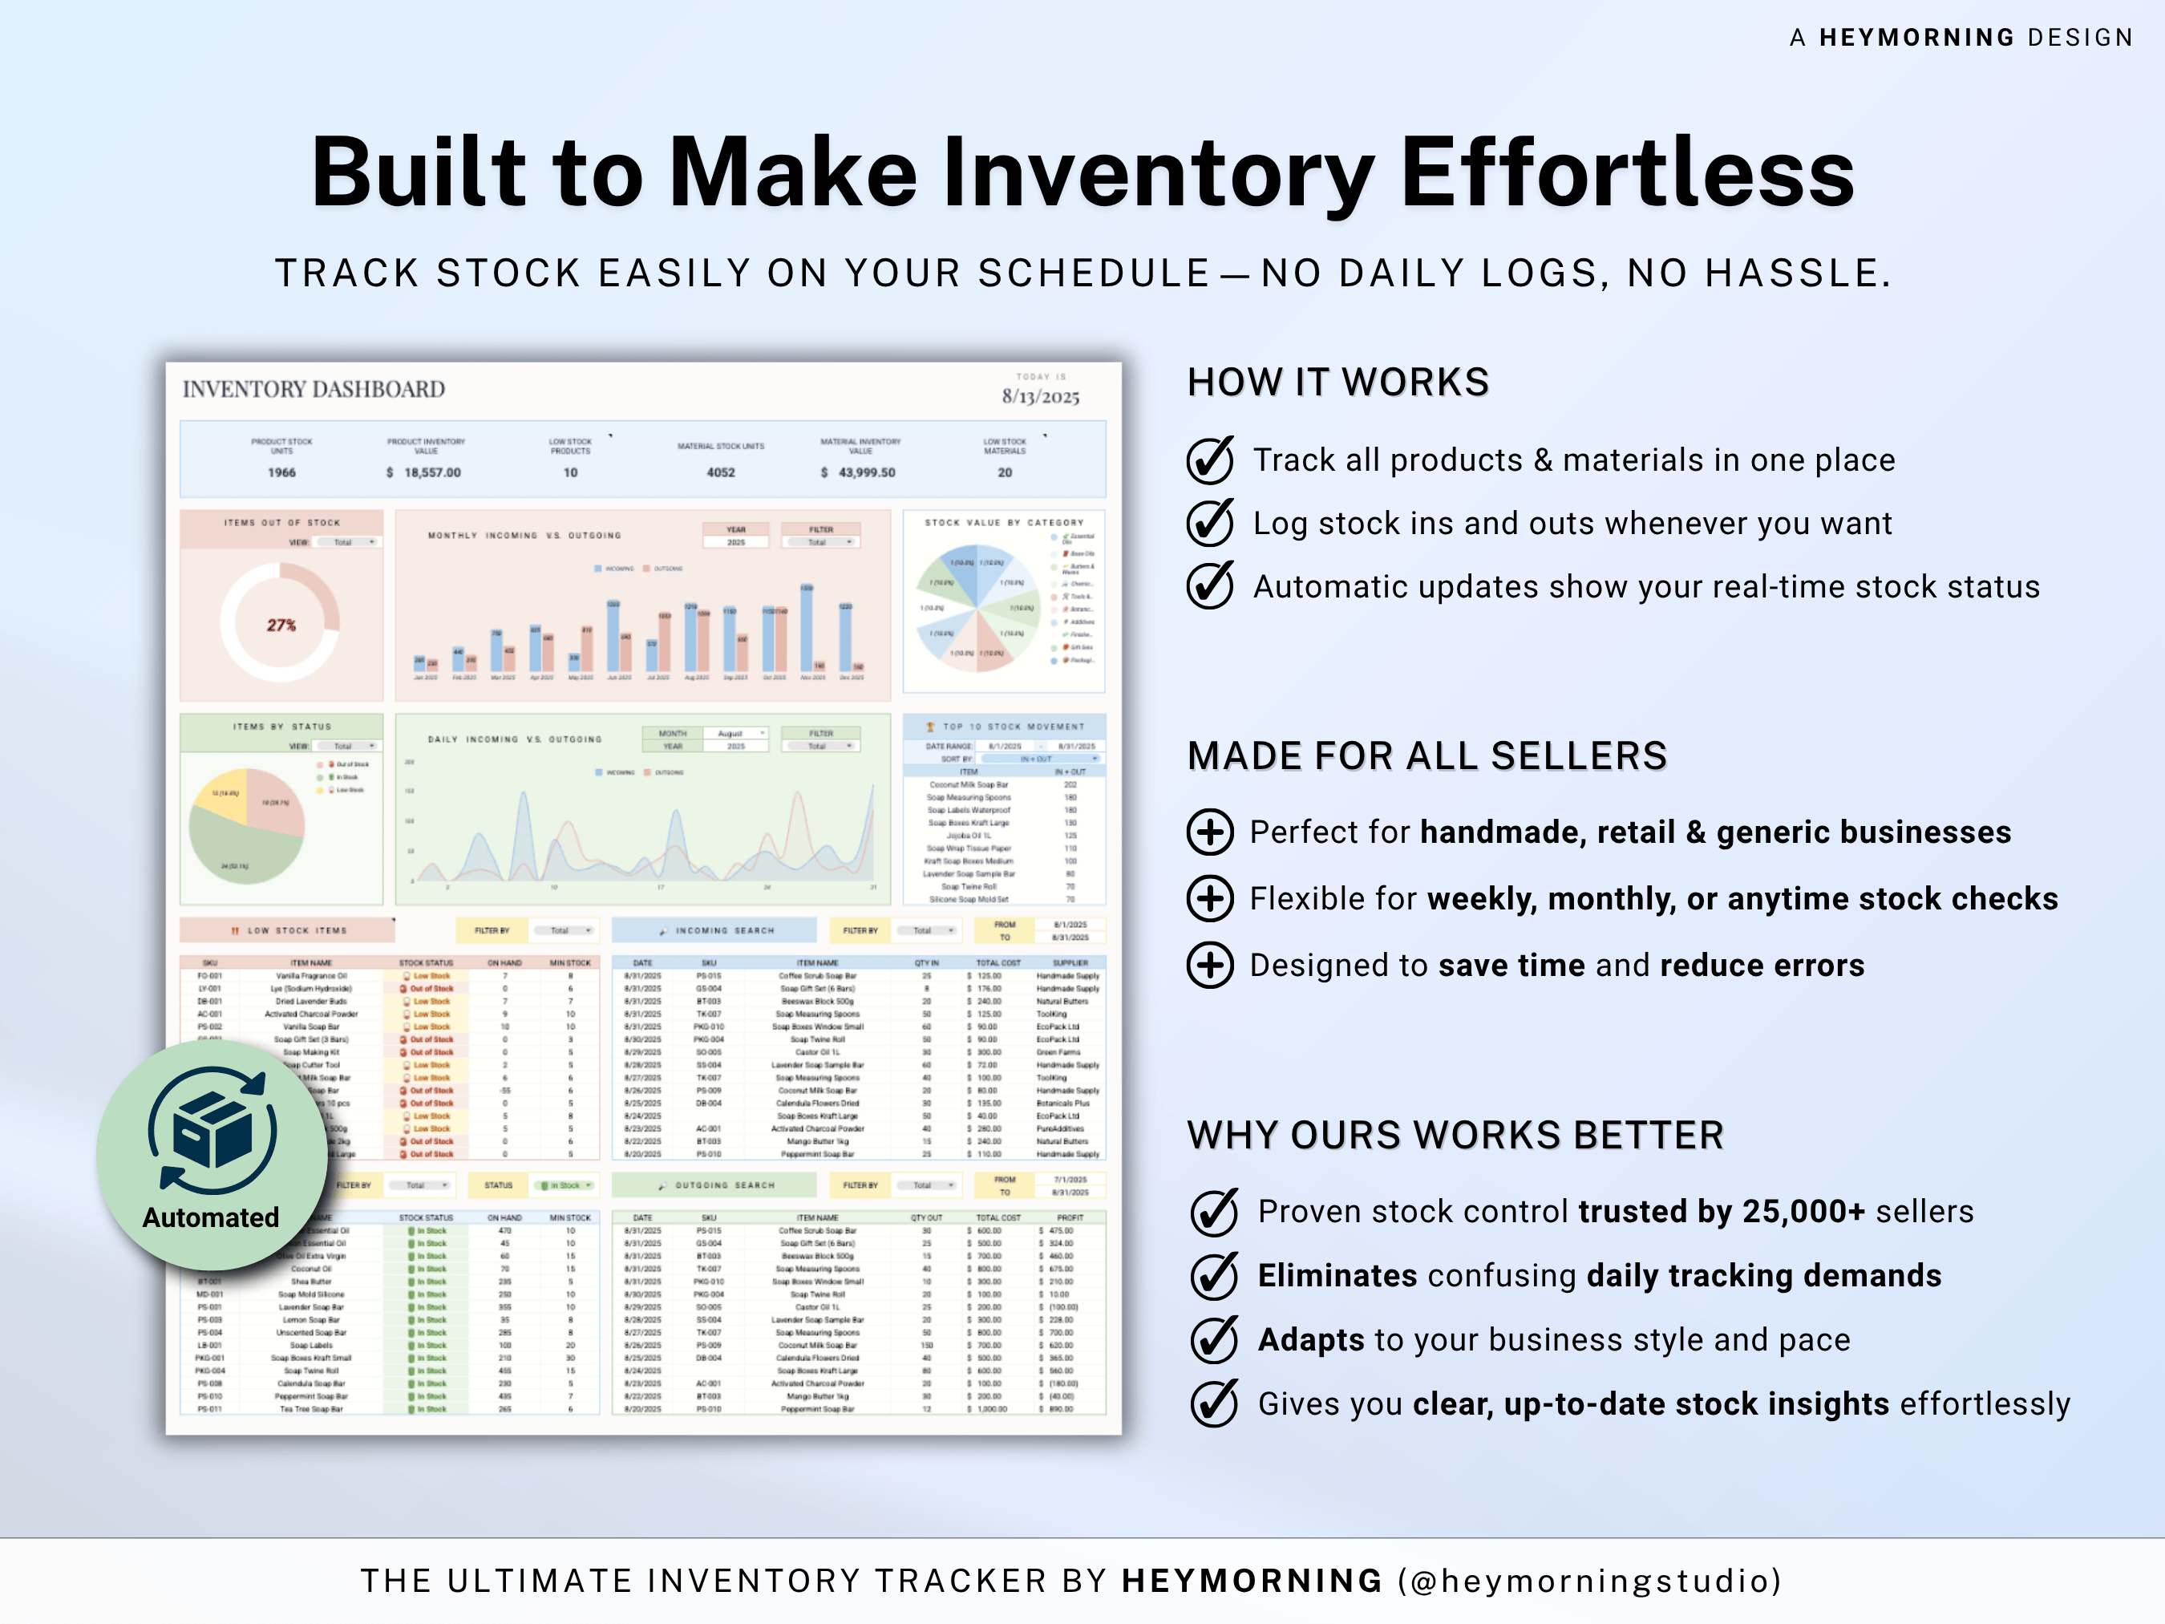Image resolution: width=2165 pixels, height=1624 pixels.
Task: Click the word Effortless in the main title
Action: pyautogui.click(x=1627, y=172)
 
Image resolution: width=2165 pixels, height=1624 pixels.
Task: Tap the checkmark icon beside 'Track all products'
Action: pyautogui.click(x=1211, y=460)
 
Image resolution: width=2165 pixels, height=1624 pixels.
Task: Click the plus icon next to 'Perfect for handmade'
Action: pyautogui.click(x=1211, y=832)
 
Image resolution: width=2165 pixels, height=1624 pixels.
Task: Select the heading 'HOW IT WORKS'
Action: pyautogui.click(x=1338, y=382)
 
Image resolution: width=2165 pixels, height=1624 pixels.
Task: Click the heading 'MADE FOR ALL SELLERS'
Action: pyautogui.click(x=1427, y=755)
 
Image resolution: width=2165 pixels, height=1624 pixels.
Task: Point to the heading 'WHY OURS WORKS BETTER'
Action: pyautogui.click(x=1455, y=1136)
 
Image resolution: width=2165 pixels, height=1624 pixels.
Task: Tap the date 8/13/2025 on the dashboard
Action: pyautogui.click(x=1041, y=396)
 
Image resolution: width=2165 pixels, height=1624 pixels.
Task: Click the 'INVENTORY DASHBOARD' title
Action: pyautogui.click(x=314, y=390)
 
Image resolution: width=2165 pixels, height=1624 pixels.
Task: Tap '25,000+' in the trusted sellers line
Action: pyautogui.click(x=1804, y=1212)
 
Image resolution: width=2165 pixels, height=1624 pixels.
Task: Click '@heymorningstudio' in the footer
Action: pyautogui.click(x=1590, y=1581)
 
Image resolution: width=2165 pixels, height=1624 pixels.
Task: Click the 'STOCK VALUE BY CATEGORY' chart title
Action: pyautogui.click(x=1004, y=523)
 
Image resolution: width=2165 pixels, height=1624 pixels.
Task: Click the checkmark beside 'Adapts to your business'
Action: pyautogui.click(x=1215, y=1340)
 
